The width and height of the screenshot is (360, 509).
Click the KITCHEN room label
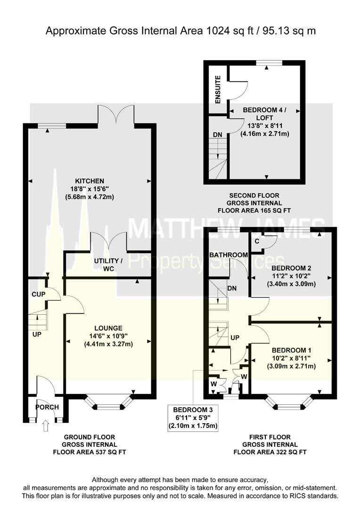coord(89,181)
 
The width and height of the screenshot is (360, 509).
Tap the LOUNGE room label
coord(108,328)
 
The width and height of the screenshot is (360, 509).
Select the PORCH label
coord(48,407)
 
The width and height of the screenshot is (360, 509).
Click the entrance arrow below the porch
coord(45,427)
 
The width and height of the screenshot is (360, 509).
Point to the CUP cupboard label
coord(39,294)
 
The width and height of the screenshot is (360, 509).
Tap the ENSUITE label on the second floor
coord(218,90)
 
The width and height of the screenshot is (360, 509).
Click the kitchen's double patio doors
coord(116,116)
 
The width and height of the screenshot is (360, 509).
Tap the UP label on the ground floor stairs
coord(37,334)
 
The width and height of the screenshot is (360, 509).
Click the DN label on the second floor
coord(217,135)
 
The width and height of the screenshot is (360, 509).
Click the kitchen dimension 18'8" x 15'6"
coord(89,189)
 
